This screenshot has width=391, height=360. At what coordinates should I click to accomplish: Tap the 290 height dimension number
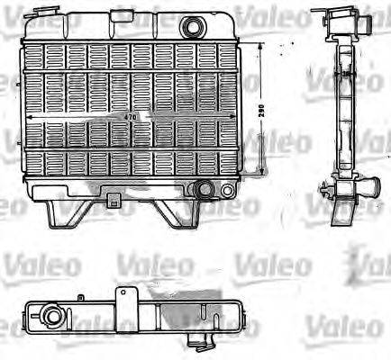tap(260, 110)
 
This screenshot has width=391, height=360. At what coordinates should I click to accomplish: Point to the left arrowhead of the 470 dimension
tap(31, 118)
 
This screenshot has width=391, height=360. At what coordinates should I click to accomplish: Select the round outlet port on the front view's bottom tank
tap(206, 190)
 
